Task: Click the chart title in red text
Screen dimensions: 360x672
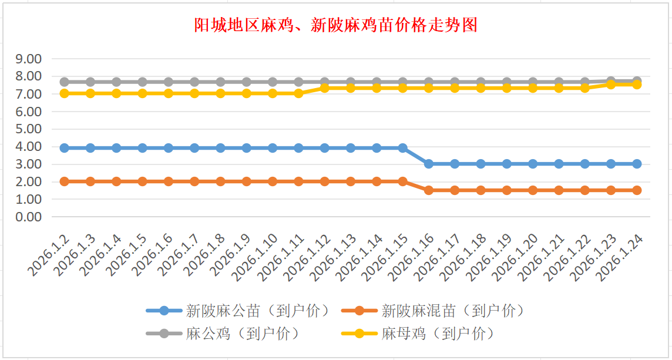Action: (x=335, y=25)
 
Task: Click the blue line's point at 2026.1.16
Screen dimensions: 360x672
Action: (x=429, y=164)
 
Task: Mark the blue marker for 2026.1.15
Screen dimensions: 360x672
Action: (x=403, y=148)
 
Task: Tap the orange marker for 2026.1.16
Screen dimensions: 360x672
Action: (x=429, y=190)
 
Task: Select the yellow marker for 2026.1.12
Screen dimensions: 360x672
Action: (x=325, y=88)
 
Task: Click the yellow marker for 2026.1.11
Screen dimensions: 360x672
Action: (x=298, y=93)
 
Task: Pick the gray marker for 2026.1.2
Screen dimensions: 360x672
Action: (x=65, y=82)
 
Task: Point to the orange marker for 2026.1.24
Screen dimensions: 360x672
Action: (x=637, y=190)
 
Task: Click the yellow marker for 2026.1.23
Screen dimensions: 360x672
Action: (x=611, y=84)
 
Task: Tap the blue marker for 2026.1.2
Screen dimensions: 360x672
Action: (x=65, y=148)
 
